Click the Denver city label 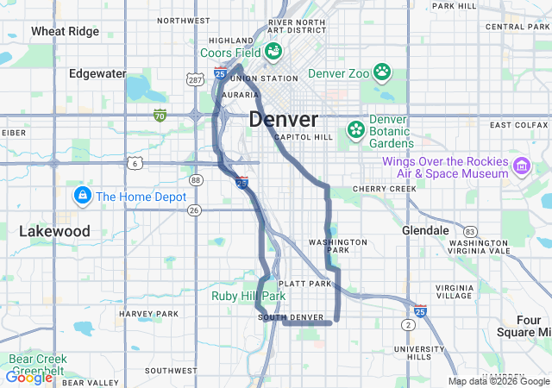click(x=283, y=119)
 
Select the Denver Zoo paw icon click(x=382, y=72)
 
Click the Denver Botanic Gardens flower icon click(x=355, y=130)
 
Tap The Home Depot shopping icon click(x=83, y=196)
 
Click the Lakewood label click(x=54, y=231)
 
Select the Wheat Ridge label click(x=65, y=31)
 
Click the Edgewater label click(x=97, y=73)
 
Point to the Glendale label click(x=425, y=230)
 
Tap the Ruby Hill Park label click(x=248, y=296)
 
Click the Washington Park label click(x=337, y=247)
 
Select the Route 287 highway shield click(x=196, y=79)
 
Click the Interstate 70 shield click(x=160, y=115)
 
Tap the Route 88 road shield click(x=197, y=180)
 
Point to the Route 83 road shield click(x=470, y=231)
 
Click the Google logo click(x=28, y=377)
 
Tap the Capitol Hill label click(x=302, y=137)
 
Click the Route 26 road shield click(x=194, y=210)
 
